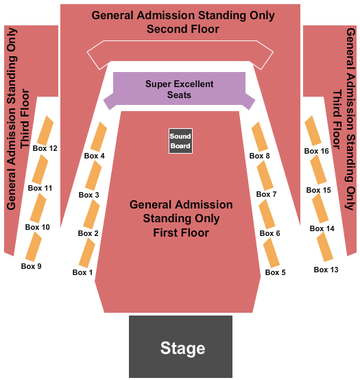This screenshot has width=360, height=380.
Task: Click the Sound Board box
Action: click(x=180, y=141)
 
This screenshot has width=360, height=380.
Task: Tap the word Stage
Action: click(x=182, y=348)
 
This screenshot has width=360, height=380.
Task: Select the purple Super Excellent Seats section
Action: click(x=179, y=89)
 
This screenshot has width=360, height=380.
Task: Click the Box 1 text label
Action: click(x=82, y=272)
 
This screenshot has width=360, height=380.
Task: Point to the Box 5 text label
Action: click(x=275, y=272)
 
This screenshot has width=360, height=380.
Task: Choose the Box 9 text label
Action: click(x=32, y=266)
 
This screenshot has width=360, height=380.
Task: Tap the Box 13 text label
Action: click(x=326, y=270)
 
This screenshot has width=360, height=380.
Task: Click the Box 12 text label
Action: click(x=45, y=148)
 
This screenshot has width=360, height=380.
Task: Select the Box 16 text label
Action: click(x=316, y=151)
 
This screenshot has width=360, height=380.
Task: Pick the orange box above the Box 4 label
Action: click(x=99, y=136)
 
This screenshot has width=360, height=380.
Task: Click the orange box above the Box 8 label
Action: click(x=260, y=136)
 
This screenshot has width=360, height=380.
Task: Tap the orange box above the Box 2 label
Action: click(x=92, y=214)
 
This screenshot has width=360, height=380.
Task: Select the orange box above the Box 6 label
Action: click(x=267, y=214)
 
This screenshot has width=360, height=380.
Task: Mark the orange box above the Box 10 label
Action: click(x=38, y=208)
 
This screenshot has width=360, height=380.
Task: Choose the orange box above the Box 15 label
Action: click(x=319, y=169)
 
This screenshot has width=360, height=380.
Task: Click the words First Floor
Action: click(x=181, y=233)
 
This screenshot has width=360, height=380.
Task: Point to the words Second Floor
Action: click(x=183, y=29)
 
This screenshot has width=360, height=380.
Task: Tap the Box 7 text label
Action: click(x=267, y=194)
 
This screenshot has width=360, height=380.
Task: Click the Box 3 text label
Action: click(x=89, y=195)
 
